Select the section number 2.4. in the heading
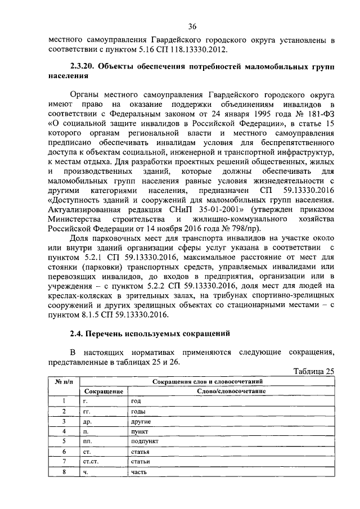(x=77, y=334)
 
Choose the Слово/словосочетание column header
(x=231, y=391)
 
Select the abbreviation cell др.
(x=87, y=421)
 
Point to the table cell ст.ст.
(x=91, y=462)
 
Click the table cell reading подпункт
(x=144, y=442)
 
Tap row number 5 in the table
(x=65, y=442)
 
